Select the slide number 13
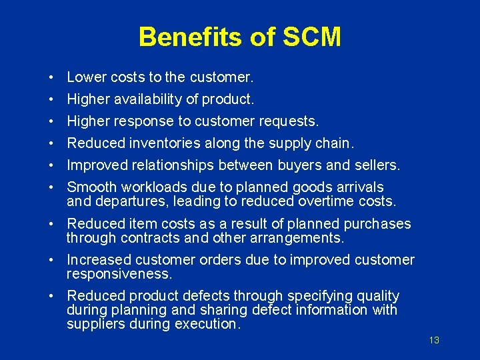pos(434,340)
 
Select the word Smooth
pos(92,187)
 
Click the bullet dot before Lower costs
pos(51,79)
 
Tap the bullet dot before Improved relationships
pos(51,165)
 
